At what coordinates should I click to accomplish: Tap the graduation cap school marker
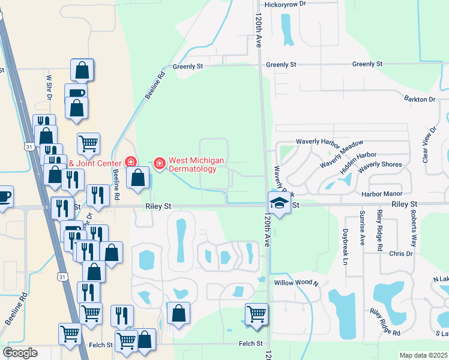click(x=279, y=203)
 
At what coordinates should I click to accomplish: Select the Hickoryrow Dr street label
click(x=286, y=4)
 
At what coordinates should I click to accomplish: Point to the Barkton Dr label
click(x=419, y=99)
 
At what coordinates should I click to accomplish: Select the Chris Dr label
click(x=400, y=254)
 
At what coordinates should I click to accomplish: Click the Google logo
click(x=20, y=353)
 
